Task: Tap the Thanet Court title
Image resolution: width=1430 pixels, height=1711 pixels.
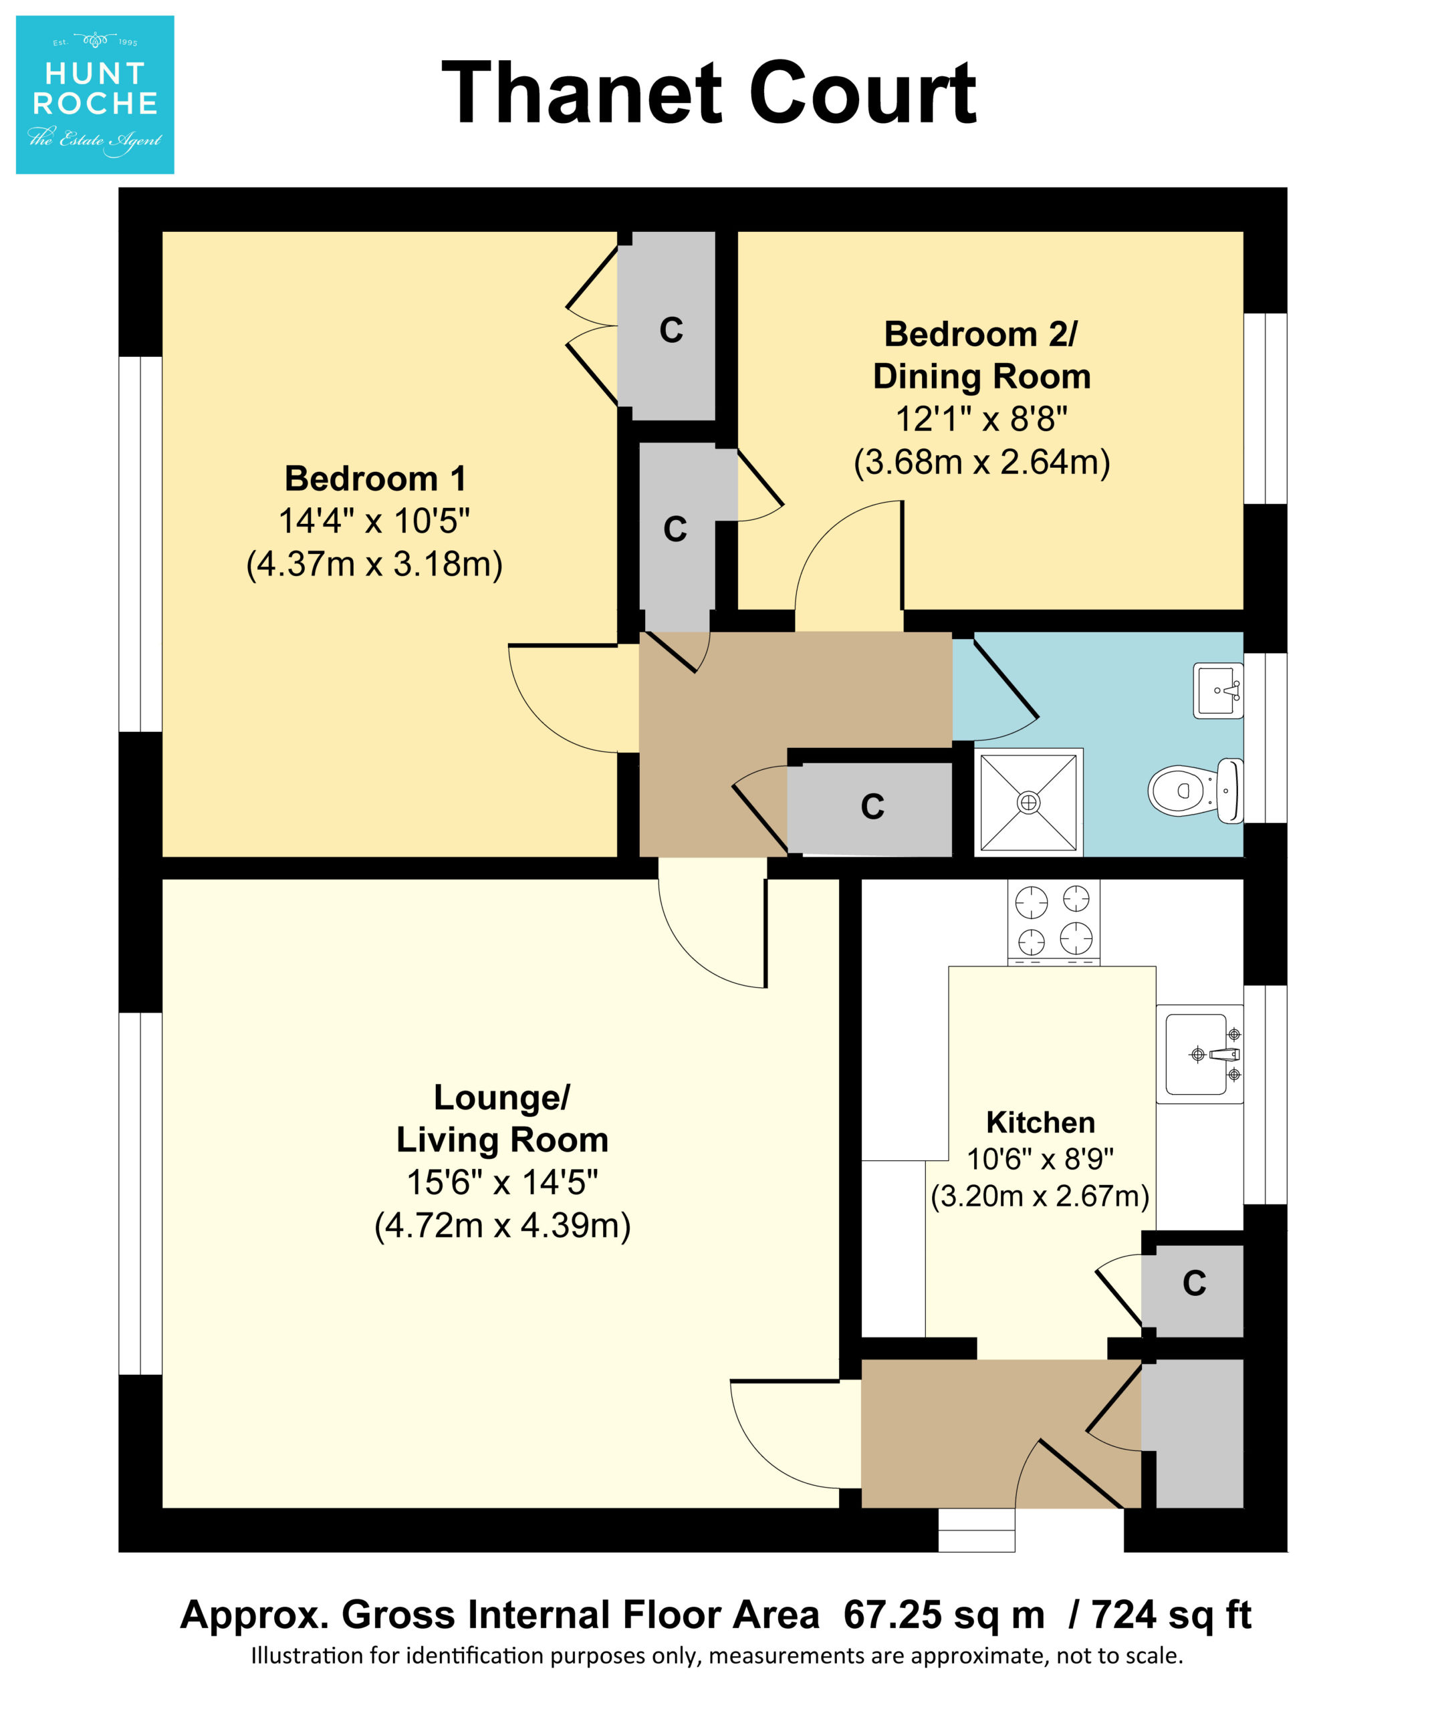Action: click(x=709, y=94)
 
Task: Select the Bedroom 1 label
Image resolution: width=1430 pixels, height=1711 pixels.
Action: click(x=375, y=479)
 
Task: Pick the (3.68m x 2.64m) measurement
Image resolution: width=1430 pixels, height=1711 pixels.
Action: click(x=982, y=462)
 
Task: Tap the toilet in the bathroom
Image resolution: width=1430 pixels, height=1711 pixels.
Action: click(x=1195, y=790)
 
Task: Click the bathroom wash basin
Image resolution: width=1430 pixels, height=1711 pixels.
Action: click(x=1218, y=691)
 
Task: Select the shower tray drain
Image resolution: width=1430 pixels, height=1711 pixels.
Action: click(x=1028, y=803)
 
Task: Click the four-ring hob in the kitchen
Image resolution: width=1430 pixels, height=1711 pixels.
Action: click(x=1054, y=922)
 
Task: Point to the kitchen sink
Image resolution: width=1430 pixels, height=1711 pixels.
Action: click(x=1199, y=1054)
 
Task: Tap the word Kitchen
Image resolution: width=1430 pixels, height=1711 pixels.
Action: click(x=1040, y=1123)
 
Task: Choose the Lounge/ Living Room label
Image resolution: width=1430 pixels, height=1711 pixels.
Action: click(x=502, y=1119)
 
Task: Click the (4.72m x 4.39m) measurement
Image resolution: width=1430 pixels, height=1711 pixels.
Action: click(x=502, y=1225)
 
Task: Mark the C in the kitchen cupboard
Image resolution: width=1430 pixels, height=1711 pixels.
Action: click(x=1195, y=1283)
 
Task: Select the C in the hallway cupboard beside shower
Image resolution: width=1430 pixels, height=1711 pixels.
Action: click(x=872, y=807)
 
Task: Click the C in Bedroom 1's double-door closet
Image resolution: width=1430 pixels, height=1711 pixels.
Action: click(x=671, y=330)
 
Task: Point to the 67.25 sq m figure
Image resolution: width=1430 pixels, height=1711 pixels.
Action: click(x=943, y=1614)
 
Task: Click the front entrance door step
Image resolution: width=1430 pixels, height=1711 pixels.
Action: click(x=977, y=1530)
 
